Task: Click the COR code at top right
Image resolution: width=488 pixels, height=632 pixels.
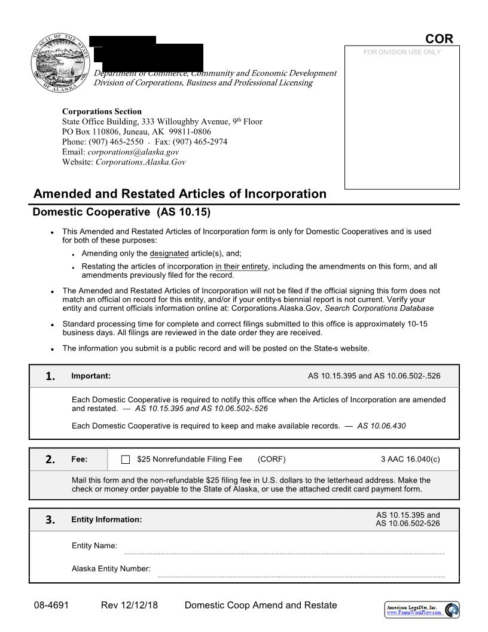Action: pos(439,39)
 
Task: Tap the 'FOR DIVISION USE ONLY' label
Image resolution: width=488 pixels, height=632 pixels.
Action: pos(402,53)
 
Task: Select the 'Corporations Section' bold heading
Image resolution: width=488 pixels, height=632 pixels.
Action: pos(102,111)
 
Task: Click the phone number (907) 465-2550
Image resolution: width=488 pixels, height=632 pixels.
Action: pos(116,142)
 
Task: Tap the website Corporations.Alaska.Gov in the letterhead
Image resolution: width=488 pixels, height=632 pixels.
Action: pos(141,162)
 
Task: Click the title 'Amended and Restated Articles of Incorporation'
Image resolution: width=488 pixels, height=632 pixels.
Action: pos(180,194)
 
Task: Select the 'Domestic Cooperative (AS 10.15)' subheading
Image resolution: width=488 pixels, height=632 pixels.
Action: pos(121,212)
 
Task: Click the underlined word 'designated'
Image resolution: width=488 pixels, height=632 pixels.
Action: pos(169,253)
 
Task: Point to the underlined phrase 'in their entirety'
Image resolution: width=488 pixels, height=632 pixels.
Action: pos(242,266)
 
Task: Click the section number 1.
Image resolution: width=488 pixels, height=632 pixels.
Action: pos(50,376)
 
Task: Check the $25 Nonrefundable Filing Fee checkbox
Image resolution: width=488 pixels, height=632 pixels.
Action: pos(126,460)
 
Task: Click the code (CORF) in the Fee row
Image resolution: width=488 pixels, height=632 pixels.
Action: pos(272,460)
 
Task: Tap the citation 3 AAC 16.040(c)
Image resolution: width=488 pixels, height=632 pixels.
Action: pos(410,460)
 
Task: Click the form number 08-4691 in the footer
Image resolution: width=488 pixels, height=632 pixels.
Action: pos(51,605)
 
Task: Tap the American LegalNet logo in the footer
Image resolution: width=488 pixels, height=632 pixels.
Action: pos(422,610)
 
